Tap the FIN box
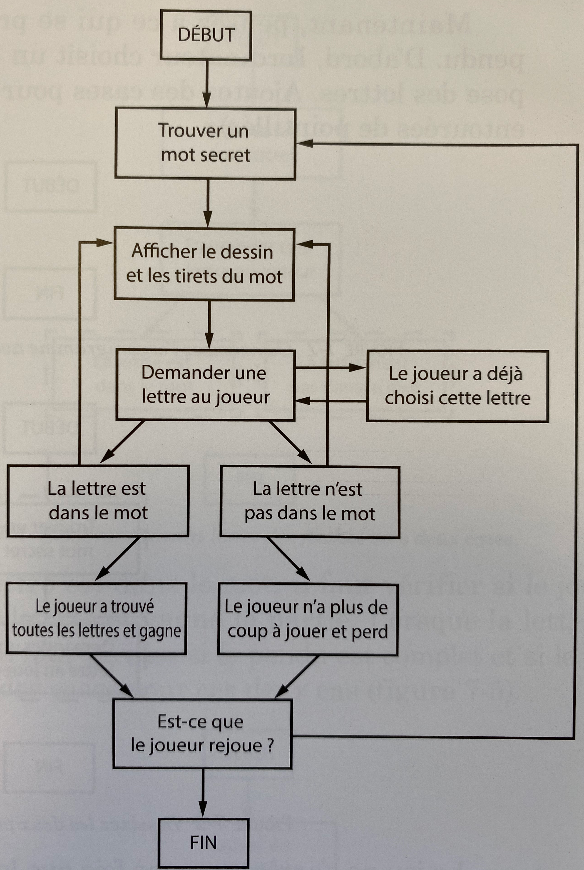203,843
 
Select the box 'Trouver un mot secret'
205,143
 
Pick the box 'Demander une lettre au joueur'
205,385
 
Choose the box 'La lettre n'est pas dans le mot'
310,501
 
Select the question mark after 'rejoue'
271,745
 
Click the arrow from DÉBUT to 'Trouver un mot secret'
207,84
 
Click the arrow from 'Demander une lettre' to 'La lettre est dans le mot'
122,442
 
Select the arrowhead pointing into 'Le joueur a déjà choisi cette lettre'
358,368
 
